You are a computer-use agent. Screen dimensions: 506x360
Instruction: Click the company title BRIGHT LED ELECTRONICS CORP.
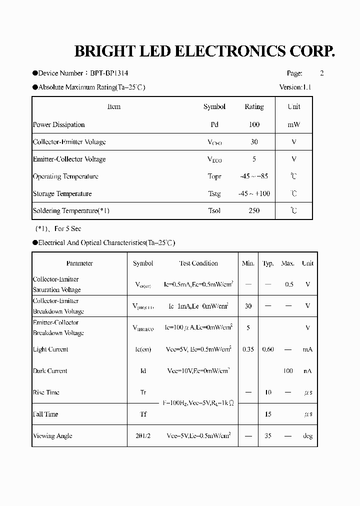pyautogui.click(x=204, y=51)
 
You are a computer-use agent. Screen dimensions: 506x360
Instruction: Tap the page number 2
pyautogui.click(x=322, y=73)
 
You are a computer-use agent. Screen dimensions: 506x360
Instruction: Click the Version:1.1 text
pyautogui.click(x=295, y=87)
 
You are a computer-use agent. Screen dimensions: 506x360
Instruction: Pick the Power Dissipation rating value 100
pyautogui.click(x=254, y=124)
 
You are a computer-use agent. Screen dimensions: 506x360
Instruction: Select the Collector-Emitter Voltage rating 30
pyautogui.click(x=254, y=142)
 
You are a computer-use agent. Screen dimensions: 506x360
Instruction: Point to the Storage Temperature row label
pyautogui.click(x=62, y=193)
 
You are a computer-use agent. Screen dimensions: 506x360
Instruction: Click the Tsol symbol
pyautogui.click(x=214, y=210)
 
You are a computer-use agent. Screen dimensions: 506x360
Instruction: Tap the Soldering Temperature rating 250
pyautogui.click(x=254, y=210)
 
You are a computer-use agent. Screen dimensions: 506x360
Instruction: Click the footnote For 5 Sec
pyautogui.click(x=67, y=228)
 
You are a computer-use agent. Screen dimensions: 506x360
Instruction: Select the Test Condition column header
pyautogui.click(x=198, y=263)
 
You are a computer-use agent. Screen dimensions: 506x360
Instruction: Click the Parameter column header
pyautogui.click(x=79, y=263)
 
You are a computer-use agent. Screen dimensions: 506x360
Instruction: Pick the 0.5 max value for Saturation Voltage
pyautogui.click(x=289, y=284)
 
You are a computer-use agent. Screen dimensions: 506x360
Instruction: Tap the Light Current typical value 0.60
pyautogui.click(x=268, y=349)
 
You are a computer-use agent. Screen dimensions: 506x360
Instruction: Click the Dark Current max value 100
pyautogui.click(x=288, y=370)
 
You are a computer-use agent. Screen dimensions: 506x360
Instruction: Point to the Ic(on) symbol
pyautogui.click(x=143, y=349)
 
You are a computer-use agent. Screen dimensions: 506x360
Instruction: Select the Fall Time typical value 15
pyautogui.click(x=268, y=414)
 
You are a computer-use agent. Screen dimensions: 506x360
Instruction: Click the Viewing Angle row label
pyautogui.click(x=52, y=435)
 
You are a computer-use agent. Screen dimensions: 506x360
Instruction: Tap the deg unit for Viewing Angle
pyautogui.click(x=307, y=435)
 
